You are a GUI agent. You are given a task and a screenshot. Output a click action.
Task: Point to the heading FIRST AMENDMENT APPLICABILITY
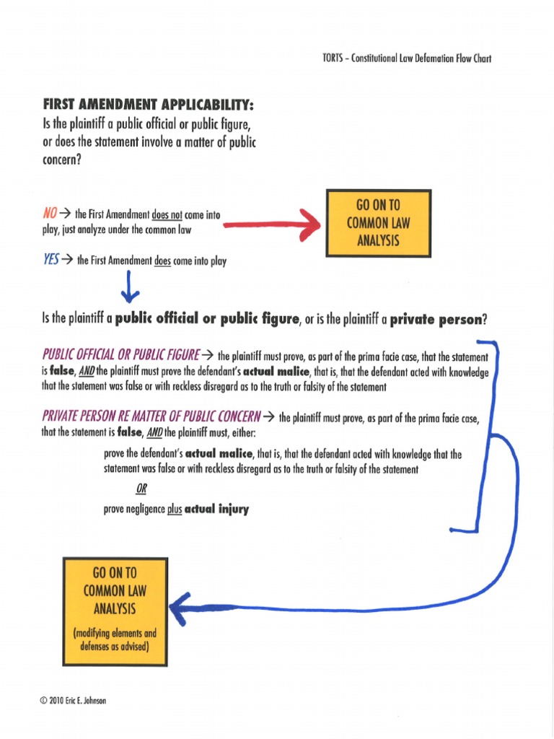pyautogui.click(x=149, y=106)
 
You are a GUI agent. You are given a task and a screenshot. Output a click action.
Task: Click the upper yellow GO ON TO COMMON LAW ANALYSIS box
pyautogui.click(x=378, y=223)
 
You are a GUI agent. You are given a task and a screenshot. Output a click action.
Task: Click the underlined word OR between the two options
pyautogui.click(x=141, y=489)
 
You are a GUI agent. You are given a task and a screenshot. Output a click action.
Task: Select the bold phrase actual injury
pyautogui.click(x=216, y=509)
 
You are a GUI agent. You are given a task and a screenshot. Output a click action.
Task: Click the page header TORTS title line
pyautogui.click(x=406, y=58)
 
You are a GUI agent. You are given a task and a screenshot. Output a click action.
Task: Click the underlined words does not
pyautogui.click(x=166, y=214)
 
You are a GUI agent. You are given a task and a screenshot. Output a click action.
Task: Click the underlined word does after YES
pyautogui.click(x=162, y=262)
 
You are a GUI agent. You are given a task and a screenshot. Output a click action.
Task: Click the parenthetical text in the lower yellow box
pyautogui.click(x=115, y=640)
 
